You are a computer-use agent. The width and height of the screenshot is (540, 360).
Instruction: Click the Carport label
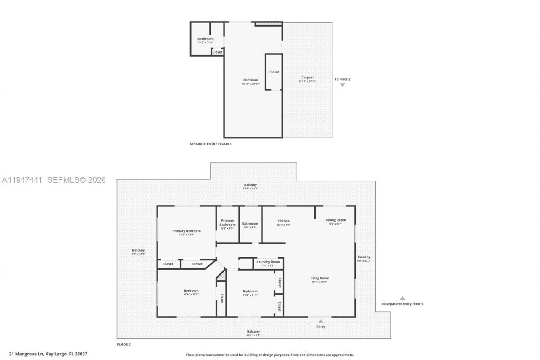(x=307, y=78)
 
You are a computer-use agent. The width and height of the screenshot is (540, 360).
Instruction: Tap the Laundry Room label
(x=268, y=262)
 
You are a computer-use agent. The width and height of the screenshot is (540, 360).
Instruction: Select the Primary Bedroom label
(x=186, y=231)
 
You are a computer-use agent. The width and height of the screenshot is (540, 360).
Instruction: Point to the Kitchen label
(x=283, y=221)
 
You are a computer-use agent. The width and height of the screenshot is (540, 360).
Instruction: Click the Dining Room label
(x=335, y=220)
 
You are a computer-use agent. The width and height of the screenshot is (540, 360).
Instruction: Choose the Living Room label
(x=319, y=278)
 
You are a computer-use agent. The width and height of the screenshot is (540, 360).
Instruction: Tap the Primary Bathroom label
(x=227, y=222)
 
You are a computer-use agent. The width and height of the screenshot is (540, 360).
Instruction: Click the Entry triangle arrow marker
(x=321, y=321)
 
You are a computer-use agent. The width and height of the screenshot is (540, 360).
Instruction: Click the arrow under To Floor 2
(x=343, y=85)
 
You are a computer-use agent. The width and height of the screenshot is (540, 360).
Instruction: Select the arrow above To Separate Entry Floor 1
(x=402, y=298)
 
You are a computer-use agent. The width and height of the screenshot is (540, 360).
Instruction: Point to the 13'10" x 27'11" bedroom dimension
(x=251, y=84)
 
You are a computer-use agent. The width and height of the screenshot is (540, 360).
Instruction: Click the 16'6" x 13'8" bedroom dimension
(x=191, y=294)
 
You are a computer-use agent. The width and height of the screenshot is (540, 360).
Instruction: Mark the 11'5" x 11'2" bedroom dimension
(x=250, y=295)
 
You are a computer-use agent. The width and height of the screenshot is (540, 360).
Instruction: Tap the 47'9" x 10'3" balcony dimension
(x=250, y=189)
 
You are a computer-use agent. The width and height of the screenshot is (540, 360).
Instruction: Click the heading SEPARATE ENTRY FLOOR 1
(x=211, y=144)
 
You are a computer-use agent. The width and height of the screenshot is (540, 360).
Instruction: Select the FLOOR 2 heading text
(x=124, y=344)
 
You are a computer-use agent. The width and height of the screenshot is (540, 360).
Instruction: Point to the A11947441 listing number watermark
(x=22, y=180)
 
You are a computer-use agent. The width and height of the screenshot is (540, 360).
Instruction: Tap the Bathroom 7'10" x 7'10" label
(x=205, y=41)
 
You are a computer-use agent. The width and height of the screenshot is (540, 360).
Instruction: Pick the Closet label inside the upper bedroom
(x=274, y=72)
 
